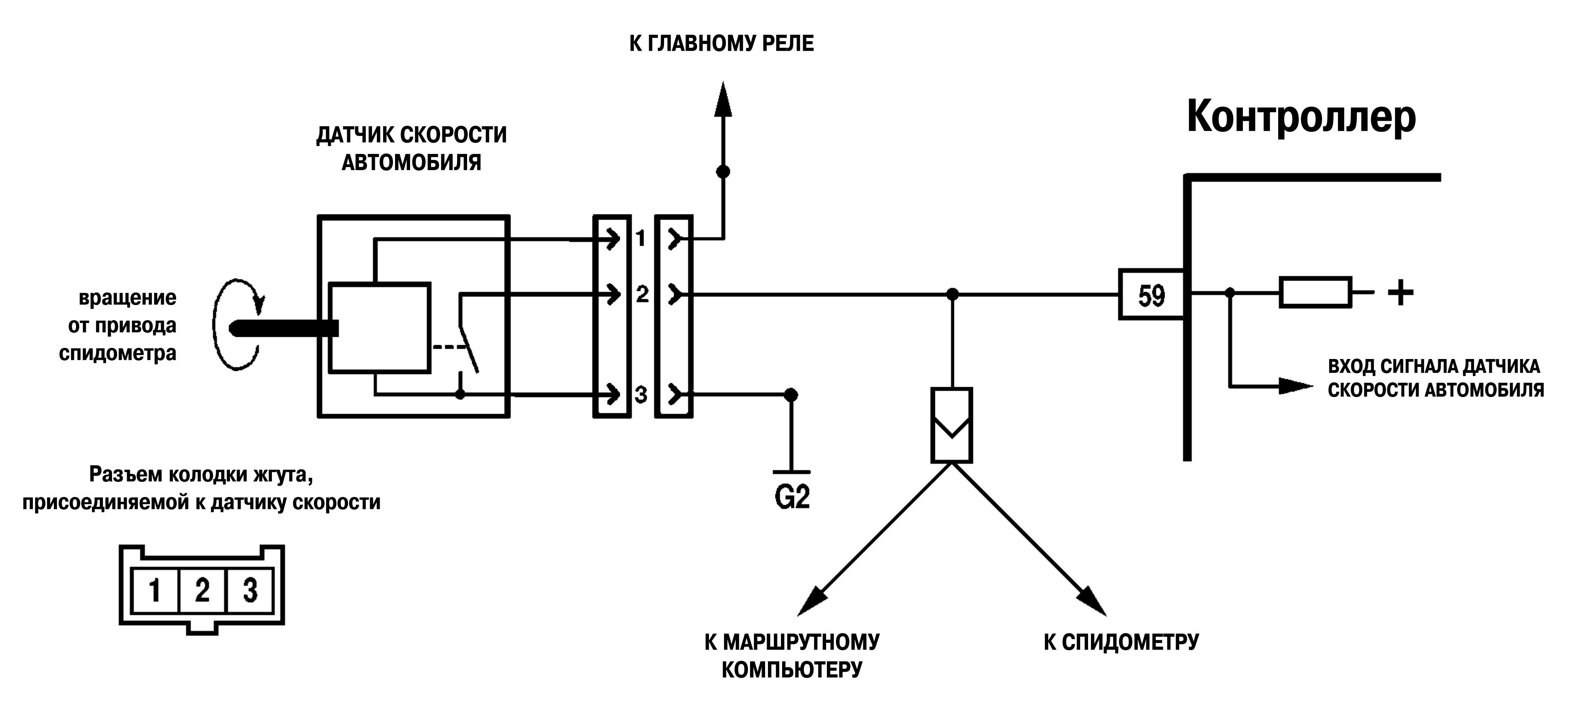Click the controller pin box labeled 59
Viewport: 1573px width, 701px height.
[x=1151, y=294]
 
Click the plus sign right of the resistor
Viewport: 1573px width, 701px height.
[x=1400, y=293]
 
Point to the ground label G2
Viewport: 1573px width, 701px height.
[x=792, y=498]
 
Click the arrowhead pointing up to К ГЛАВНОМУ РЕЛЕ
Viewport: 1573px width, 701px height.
[x=723, y=99]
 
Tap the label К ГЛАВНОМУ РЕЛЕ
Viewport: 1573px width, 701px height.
[x=721, y=44]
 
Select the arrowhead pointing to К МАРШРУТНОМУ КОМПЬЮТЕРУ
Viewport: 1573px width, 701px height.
[x=812, y=602]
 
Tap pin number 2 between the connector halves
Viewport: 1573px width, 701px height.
[x=642, y=294]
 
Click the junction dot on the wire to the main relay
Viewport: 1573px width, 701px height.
[x=723, y=171]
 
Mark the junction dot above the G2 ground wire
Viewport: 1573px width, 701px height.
[x=791, y=395]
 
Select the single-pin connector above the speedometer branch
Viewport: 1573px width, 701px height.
[x=952, y=425]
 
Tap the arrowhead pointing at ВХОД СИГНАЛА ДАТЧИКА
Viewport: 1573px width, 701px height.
[x=1296, y=385]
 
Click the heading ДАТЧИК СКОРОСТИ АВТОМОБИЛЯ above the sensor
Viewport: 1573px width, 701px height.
[x=412, y=148]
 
